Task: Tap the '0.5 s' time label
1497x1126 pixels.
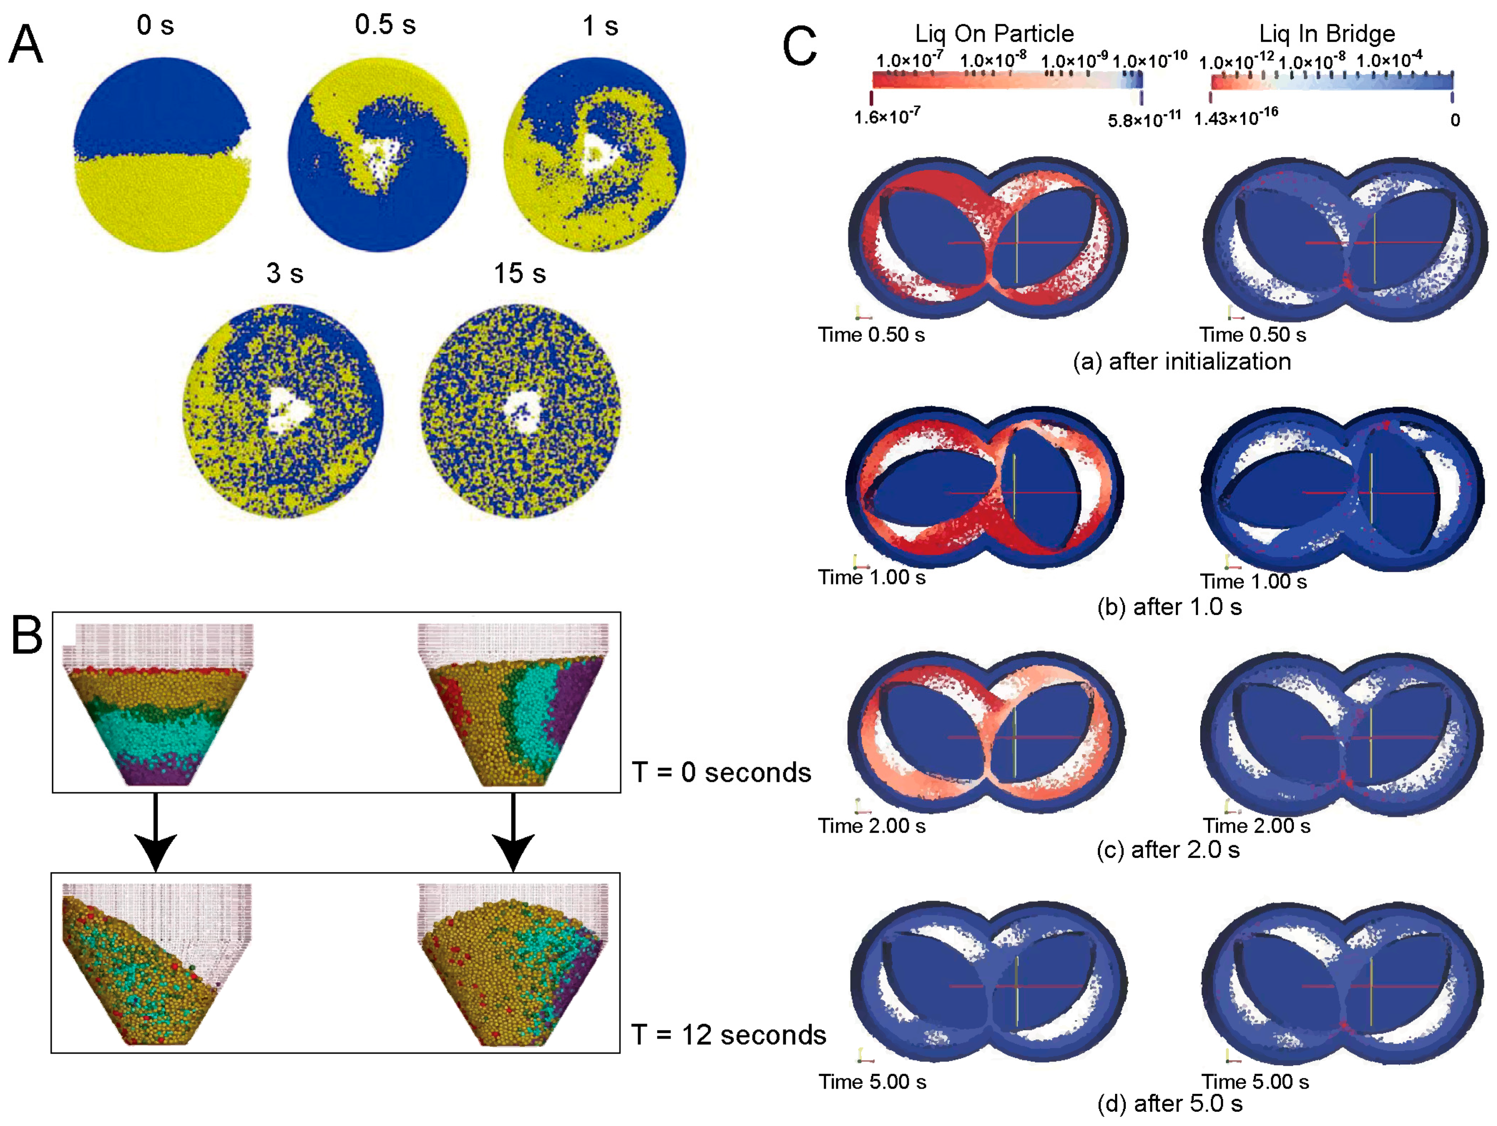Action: tap(385, 25)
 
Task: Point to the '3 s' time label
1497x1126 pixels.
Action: tap(284, 273)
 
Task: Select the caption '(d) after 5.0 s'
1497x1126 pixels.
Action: tap(1170, 1104)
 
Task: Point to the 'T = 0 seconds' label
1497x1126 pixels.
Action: tap(721, 772)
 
